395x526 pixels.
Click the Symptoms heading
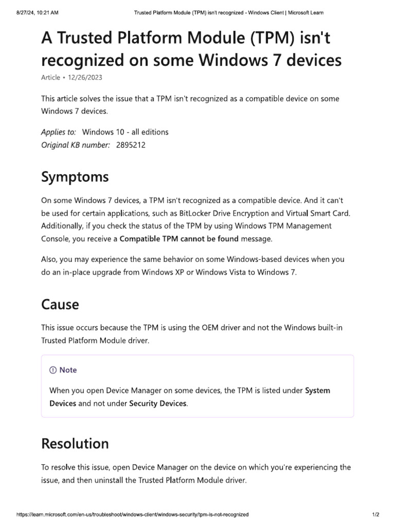(75, 177)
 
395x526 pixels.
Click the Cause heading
(60, 305)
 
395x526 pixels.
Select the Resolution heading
(75, 443)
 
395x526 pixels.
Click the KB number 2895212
(131, 145)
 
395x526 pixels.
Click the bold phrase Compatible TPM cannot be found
(179, 238)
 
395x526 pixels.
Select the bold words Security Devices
(158, 403)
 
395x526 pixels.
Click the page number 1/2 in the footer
(375, 514)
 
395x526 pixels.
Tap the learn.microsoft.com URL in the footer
(133, 514)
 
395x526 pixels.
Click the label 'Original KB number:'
(76, 145)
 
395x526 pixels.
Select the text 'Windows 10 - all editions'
(125, 132)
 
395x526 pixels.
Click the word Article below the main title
(50, 77)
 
